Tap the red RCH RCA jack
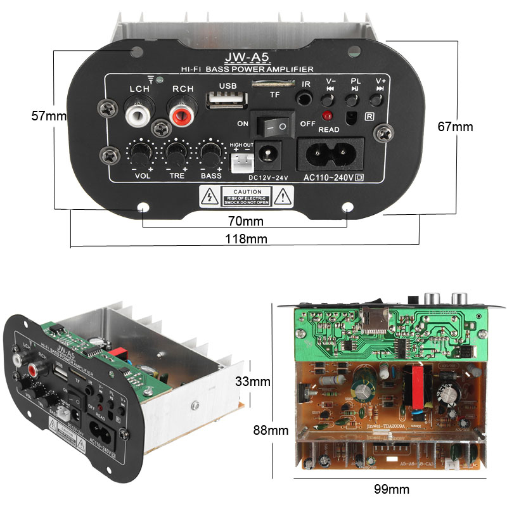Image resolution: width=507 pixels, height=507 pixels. pyautogui.click(x=182, y=115)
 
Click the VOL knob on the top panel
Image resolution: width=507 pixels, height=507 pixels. pyautogui.click(x=141, y=154)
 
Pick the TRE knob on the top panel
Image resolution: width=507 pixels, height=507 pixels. pyautogui.click(x=176, y=154)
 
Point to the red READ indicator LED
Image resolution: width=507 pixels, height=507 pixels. pyautogui.click(x=328, y=117)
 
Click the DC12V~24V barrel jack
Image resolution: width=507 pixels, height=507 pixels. pyautogui.click(x=267, y=153)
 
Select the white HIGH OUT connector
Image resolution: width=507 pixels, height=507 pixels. pyautogui.click(x=238, y=164)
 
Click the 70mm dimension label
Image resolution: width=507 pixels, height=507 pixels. pyautogui.click(x=245, y=222)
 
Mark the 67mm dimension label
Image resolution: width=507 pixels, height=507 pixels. pyautogui.click(x=455, y=127)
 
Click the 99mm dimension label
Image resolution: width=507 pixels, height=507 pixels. pyautogui.click(x=390, y=489)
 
